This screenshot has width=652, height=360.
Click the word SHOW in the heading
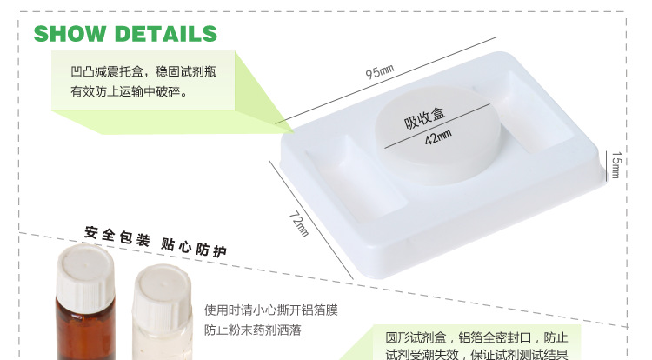pos(70,34)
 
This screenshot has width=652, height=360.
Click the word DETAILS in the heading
pos(166,34)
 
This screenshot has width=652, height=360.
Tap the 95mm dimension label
pos(379,71)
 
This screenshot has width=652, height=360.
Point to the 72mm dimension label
pos(299,223)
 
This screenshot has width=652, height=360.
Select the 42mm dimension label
pos(438,137)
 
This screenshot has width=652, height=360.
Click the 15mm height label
pos(615,165)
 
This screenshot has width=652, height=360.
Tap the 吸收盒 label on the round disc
pos(424,117)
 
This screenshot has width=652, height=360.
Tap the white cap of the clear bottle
pos(163,293)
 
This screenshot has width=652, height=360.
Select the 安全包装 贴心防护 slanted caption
pos(156,242)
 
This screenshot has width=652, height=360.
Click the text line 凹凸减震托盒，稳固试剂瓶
pos(143,71)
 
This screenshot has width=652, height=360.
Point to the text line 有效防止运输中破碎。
pos(129,91)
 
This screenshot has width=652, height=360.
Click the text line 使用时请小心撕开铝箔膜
pos(270,310)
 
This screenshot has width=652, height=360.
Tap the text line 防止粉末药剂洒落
pos(252,330)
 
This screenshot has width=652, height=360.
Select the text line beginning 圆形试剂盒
pos(476,337)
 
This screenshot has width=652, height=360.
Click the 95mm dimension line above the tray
pos(386,80)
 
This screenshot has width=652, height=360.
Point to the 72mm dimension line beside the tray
pos(311,220)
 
